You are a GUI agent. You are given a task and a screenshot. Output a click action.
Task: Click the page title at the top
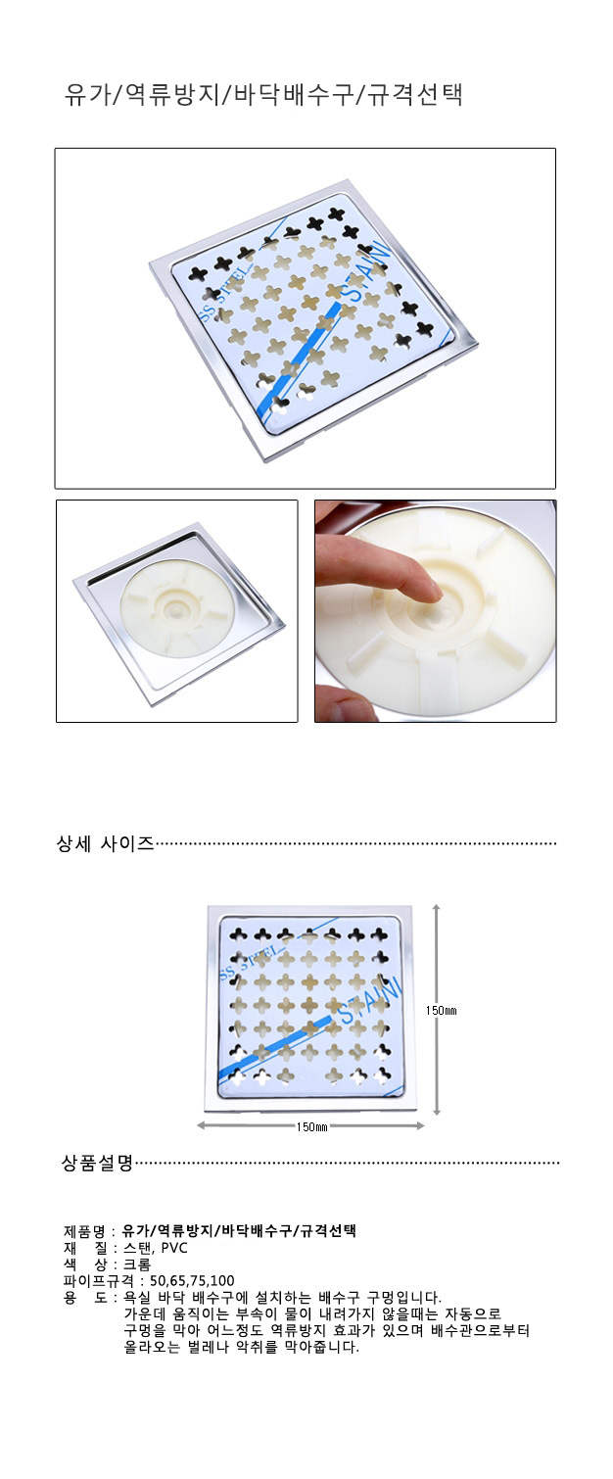click(263, 94)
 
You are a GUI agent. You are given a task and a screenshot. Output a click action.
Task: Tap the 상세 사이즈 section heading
click(105, 844)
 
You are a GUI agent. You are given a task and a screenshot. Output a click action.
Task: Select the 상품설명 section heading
click(97, 1163)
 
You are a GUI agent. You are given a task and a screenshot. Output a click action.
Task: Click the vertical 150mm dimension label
click(442, 1010)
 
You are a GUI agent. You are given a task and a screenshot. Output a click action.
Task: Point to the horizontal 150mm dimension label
click(311, 1127)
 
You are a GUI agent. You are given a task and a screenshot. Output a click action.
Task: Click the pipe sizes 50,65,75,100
click(192, 1281)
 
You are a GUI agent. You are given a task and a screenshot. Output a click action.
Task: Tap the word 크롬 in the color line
click(136, 1264)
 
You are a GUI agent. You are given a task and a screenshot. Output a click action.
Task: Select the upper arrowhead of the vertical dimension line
click(436, 909)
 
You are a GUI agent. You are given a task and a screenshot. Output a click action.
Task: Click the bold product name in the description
click(240, 1231)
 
